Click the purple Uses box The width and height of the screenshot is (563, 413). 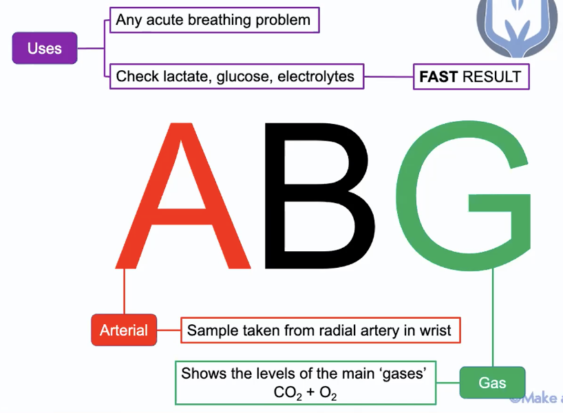[45, 49]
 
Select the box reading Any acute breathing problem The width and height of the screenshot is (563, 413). [213, 20]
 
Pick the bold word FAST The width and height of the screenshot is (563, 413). [438, 76]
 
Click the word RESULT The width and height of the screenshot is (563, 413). [491, 76]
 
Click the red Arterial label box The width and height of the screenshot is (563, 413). [124, 330]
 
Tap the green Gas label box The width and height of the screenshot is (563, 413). [492, 383]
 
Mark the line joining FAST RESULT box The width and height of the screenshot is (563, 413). [388, 76]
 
